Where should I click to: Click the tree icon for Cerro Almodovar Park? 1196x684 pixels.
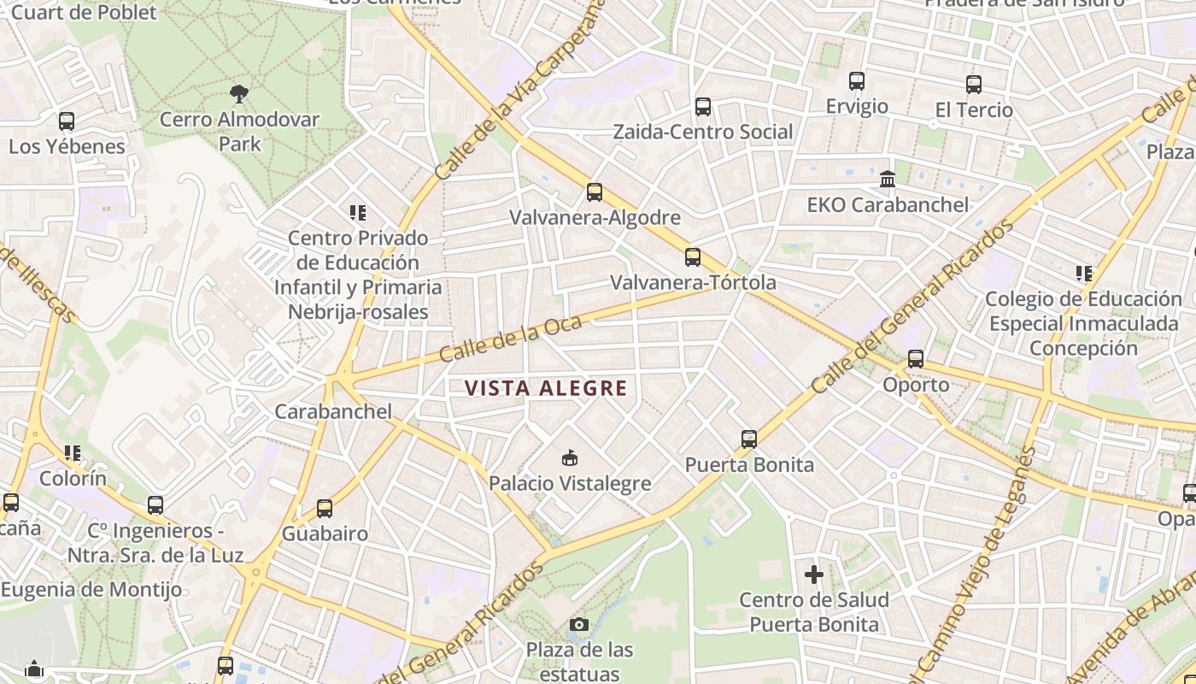tap(240, 93)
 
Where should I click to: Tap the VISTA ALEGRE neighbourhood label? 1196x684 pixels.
tap(546, 388)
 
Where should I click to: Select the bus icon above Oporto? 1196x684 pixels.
tap(916, 359)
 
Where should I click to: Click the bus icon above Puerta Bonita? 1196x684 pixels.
tap(749, 439)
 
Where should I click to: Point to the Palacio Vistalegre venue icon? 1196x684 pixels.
tap(570, 458)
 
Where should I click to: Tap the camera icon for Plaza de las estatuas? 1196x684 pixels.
tap(579, 625)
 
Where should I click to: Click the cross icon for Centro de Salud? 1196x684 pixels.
tap(814, 574)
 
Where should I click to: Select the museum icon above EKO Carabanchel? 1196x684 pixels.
tap(888, 180)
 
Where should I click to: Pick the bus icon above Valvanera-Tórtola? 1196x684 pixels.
tap(693, 257)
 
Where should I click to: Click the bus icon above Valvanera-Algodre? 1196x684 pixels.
tap(595, 192)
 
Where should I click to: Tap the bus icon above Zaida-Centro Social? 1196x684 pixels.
tap(703, 107)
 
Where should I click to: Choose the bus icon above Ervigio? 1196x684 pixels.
tap(857, 81)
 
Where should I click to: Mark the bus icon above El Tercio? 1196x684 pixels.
tap(974, 85)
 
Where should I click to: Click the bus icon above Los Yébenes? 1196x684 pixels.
tap(67, 121)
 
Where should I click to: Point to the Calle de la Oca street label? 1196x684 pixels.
tap(510, 339)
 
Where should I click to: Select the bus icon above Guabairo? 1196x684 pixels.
tap(325, 509)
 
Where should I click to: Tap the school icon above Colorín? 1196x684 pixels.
tap(73, 453)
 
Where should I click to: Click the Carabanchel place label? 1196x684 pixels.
tap(333, 411)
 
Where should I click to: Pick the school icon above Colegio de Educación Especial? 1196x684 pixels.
tap(1084, 274)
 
